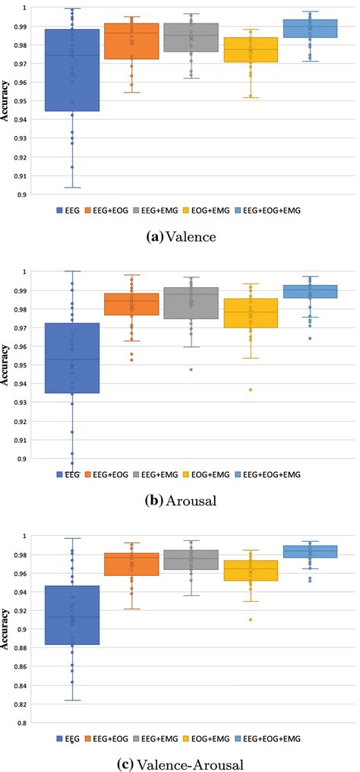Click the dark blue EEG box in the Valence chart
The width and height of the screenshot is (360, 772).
click(x=73, y=70)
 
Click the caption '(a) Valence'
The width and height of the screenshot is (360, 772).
click(x=179, y=237)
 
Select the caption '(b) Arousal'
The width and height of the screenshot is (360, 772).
click(x=179, y=501)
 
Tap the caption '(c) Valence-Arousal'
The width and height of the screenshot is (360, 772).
click(x=179, y=762)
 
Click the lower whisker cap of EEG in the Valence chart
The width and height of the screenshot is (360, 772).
click(x=73, y=187)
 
